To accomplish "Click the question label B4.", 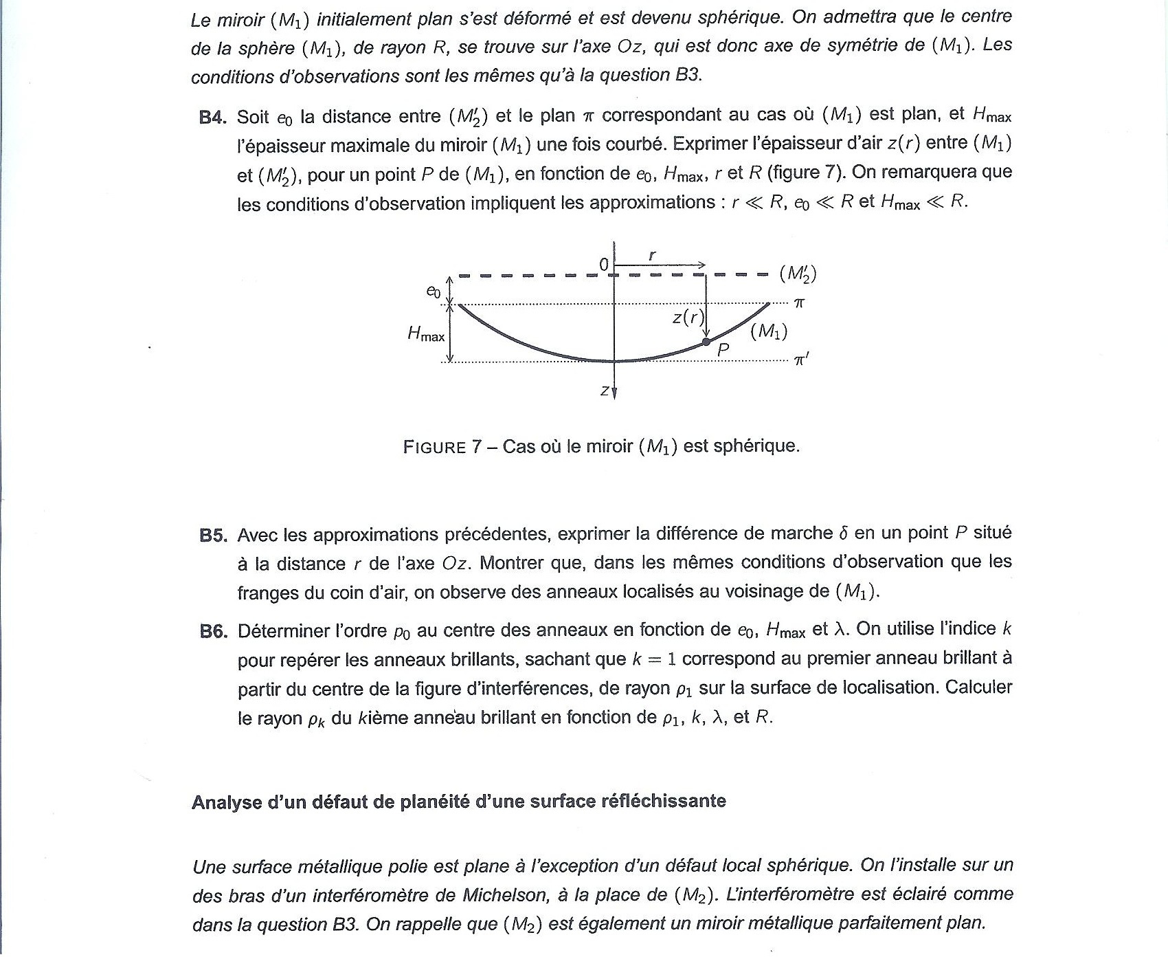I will coord(212,118).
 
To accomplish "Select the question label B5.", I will coord(213,536).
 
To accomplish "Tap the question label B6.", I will coord(213,632).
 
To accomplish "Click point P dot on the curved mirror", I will coord(706,341).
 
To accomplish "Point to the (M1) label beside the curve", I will coord(769,332).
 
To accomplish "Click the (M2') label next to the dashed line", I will coord(798,274).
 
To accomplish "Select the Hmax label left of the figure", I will coord(426,335).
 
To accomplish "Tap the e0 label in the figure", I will coord(433,291).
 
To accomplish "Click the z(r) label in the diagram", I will coord(688,317).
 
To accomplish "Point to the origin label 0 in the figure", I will coord(603,265).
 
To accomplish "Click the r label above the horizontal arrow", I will coord(652,255).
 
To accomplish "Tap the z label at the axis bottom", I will coord(604,390).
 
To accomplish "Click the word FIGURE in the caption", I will coord(435,448).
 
